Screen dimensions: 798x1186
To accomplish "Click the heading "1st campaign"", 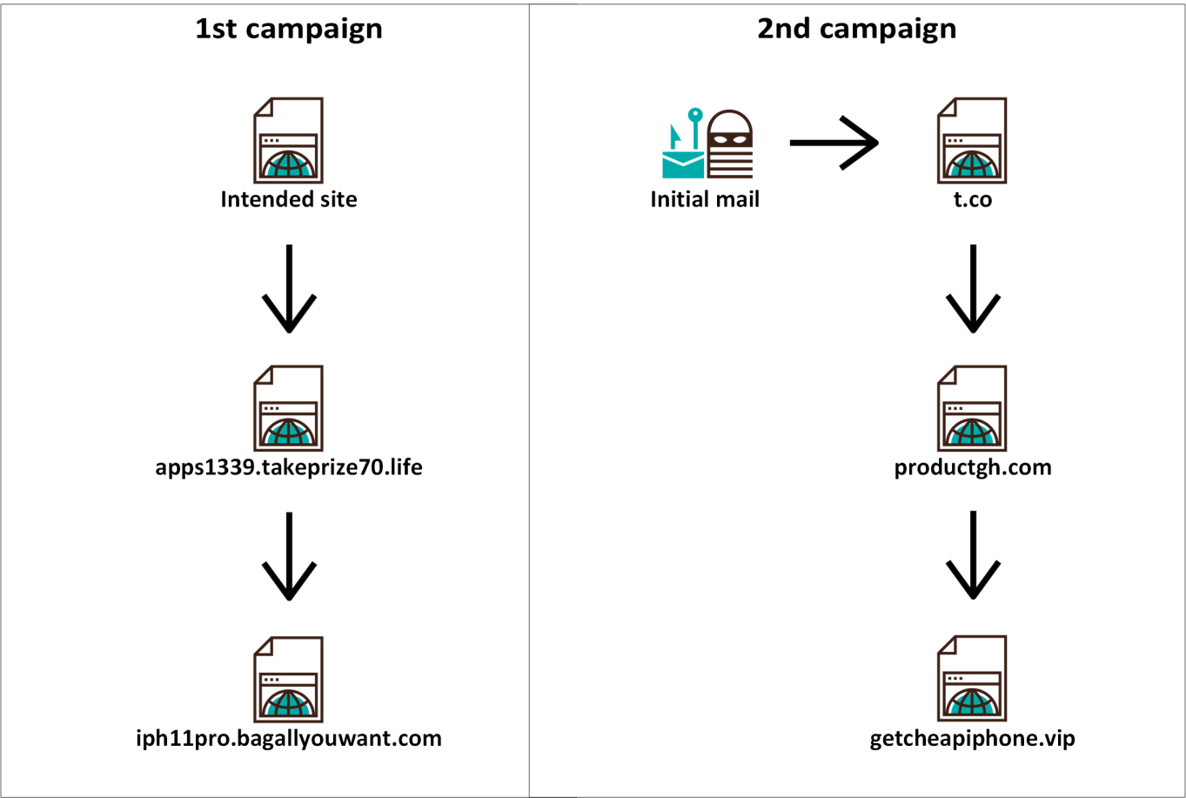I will click(x=288, y=29).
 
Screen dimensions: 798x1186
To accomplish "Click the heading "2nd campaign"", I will click(x=856, y=29).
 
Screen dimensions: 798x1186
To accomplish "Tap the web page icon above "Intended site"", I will click(x=288, y=140).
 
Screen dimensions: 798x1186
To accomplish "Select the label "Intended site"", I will click(x=288, y=199).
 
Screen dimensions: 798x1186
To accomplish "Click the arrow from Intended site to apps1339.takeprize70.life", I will click(x=289, y=289).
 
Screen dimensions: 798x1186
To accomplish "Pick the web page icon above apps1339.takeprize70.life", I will click(x=288, y=408).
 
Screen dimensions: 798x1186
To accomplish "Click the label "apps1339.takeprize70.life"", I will click(x=288, y=467).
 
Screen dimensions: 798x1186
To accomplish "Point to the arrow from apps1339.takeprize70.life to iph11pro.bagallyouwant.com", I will click(x=289, y=556).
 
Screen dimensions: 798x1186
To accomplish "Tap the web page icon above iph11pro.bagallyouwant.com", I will click(x=288, y=680).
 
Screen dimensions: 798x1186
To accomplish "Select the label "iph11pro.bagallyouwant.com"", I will click(x=288, y=739).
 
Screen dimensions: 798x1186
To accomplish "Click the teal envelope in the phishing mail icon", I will click(x=683, y=163).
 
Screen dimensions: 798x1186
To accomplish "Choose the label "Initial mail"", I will click(x=705, y=199).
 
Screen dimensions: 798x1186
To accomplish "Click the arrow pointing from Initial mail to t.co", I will click(x=834, y=142).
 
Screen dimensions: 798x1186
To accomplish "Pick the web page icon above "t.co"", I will click(x=972, y=140).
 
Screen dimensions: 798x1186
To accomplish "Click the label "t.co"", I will click(x=972, y=199).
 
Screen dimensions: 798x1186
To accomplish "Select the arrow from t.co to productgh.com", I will click(x=973, y=289).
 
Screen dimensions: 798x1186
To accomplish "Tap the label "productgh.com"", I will click(x=972, y=467).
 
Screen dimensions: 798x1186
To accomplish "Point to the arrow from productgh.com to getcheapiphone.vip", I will click(x=973, y=556).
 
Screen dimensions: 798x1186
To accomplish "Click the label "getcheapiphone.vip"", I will click(x=972, y=739).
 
